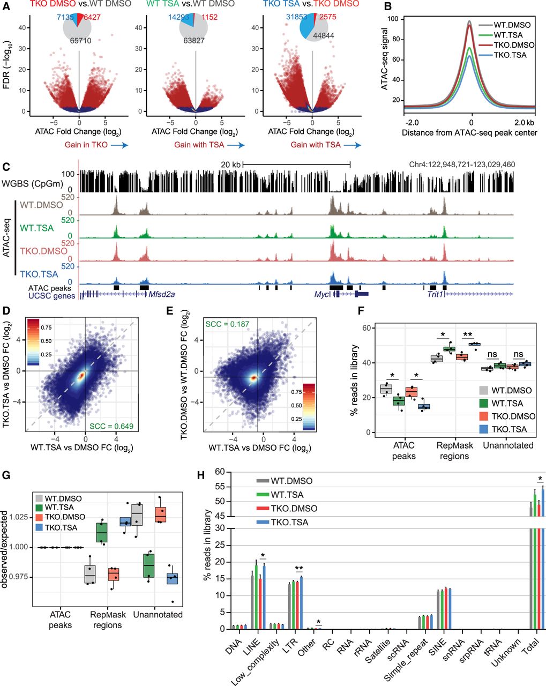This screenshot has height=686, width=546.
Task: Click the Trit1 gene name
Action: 435,294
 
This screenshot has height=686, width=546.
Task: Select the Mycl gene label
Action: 322,294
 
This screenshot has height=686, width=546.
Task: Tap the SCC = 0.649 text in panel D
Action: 111,426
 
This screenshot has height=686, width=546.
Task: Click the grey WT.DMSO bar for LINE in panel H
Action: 252,600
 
